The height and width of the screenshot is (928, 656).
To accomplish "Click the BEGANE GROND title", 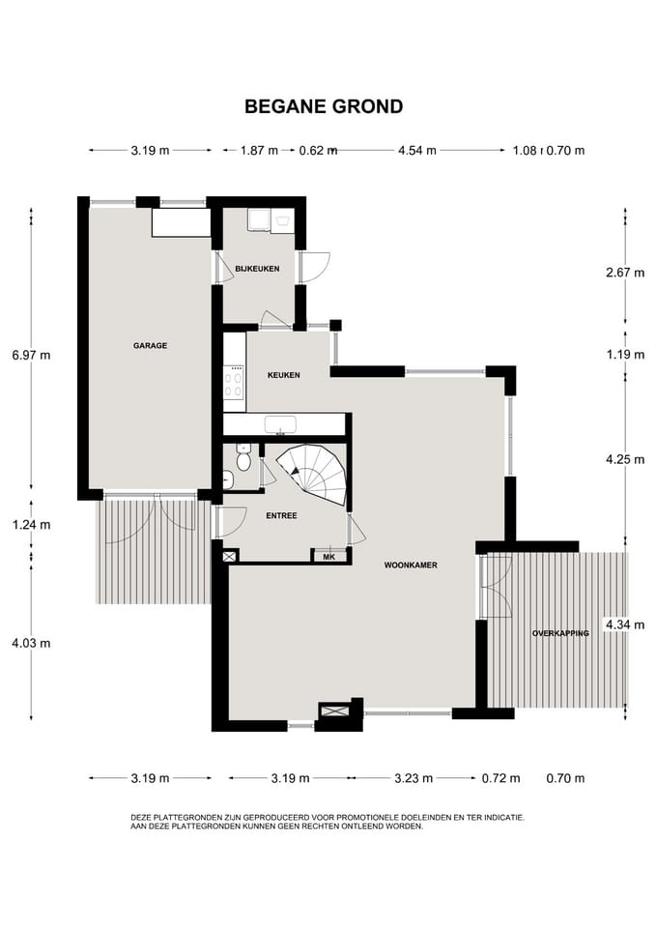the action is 324,106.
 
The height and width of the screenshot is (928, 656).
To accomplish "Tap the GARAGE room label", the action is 151,346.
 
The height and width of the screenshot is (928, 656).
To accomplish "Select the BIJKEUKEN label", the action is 257,269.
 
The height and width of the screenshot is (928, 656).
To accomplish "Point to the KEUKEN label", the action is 283,375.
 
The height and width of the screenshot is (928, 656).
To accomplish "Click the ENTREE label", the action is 281,516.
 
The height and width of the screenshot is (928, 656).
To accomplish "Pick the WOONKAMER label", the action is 412,565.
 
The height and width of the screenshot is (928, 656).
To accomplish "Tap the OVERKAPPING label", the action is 560,633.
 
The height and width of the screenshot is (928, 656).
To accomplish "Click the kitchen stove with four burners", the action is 234,383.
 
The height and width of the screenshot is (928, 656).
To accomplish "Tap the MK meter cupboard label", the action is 329,557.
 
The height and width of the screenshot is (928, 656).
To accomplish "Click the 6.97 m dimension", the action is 31,356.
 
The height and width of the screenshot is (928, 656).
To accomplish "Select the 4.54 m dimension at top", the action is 417,151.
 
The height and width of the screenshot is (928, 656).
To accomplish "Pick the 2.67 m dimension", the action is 625,273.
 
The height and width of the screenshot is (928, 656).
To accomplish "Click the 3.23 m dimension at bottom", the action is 414,778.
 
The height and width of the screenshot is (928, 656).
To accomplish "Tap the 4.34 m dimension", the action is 625,625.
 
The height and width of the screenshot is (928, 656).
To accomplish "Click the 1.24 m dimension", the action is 31,525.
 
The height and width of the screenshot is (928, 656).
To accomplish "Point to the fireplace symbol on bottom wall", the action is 334,710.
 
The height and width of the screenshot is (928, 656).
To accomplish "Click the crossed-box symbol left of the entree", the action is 230,557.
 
